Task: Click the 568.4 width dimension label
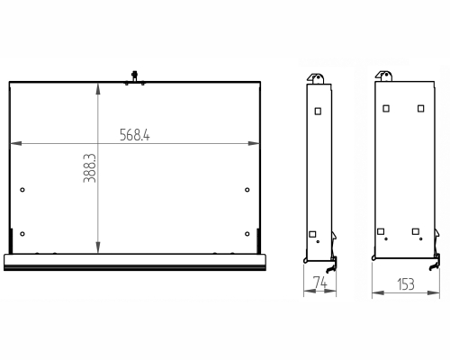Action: pos(135,135)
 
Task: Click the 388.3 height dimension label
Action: pos(89,168)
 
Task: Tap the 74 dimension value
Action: pos(319,283)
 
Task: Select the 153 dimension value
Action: pos(406,284)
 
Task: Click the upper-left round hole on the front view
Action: pos(22,190)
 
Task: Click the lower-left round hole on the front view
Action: pos(22,234)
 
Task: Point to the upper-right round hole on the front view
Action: pos(247,190)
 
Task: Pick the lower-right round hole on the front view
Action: pos(247,234)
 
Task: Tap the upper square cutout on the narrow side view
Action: pos(318,112)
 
